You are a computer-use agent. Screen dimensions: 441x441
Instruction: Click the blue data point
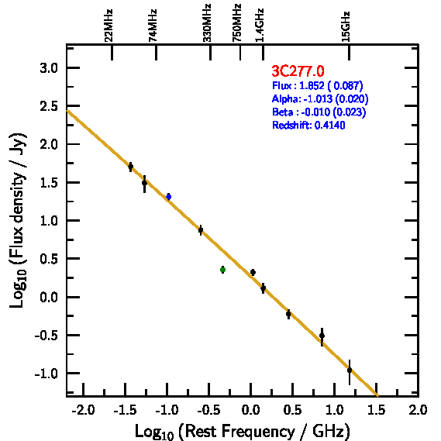pyautogui.click(x=169, y=197)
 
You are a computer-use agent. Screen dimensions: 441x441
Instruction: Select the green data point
pyautogui.click(x=222, y=270)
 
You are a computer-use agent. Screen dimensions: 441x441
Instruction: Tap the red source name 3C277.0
pyautogui.click(x=298, y=71)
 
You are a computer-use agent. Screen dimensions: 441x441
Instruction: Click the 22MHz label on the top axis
pyautogui.click(x=109, y=26)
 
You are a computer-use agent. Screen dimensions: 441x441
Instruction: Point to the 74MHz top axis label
pyautogui.click(x=153, y=26)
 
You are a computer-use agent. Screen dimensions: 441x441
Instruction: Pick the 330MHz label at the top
pyautogui.click(x=207, y=22)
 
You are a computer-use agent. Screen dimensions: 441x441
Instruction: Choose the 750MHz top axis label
pyautogui.click(x=236, y=22)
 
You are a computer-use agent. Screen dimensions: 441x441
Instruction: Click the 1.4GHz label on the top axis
pyautogui.click(x=260, y=25)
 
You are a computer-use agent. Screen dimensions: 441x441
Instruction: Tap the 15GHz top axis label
pyautogui.click(x=346, y=26)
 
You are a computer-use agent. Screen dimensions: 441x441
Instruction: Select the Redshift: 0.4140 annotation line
pyautogui.click(x=308, y=125)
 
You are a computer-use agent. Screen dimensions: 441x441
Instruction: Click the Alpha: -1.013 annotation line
pyautogui.click(x=320, y=98)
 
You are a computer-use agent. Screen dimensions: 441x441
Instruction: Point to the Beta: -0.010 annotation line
pyautogui.click(x=319, y=112)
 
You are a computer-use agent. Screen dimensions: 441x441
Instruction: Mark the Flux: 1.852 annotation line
pyautogui.click(x=318, y=85)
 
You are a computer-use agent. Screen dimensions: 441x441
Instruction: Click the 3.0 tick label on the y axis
pyautogui.click(x=49, y=68)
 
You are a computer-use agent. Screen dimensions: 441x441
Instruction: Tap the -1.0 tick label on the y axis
pyautogui.click(x=47, y=374)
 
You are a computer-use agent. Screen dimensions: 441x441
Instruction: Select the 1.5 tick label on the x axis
pyautogui.click(x=377, y=410)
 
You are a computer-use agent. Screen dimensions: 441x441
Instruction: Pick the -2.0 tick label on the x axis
pyautogui.click(x=83, y=410)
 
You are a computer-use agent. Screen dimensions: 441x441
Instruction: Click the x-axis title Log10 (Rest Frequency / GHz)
pyautogui.click(x=243, y=431)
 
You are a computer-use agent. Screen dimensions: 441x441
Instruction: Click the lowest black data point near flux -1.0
pyautogui.click(x=350, y=370)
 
